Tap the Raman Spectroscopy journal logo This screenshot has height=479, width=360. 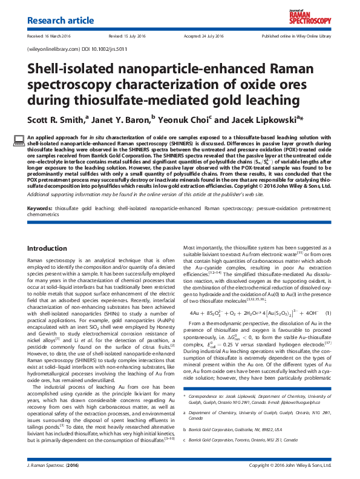click(x=309, y=18)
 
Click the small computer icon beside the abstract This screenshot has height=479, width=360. click(x=19, y=139)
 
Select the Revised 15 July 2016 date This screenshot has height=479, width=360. click(x=125, y=36)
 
